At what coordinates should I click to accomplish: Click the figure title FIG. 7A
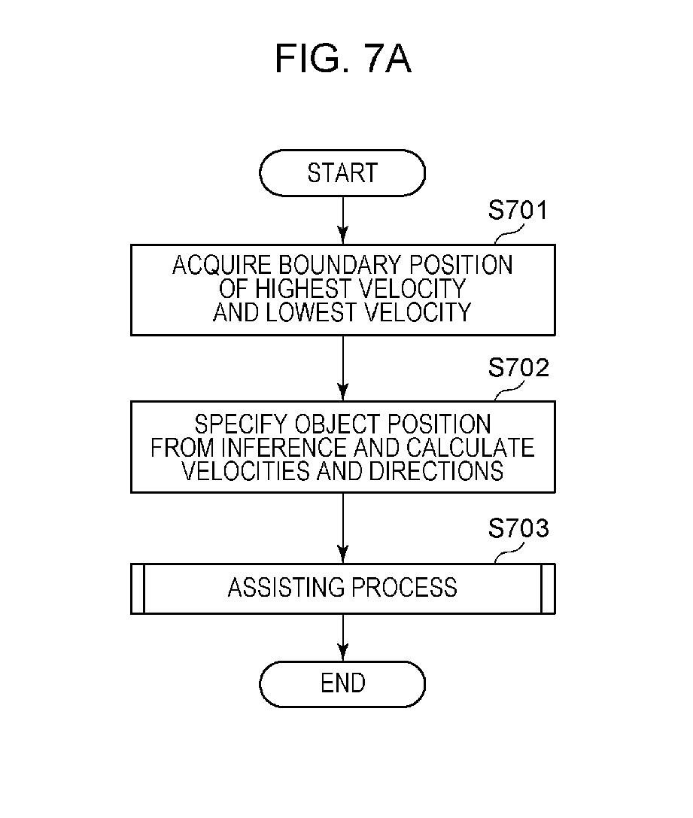tap(342, 59)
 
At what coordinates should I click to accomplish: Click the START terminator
tap(342, 172)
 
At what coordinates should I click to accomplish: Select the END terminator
tap(342, 684)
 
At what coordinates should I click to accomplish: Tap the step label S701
tap(518, 210)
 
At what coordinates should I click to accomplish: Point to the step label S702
tap(518, 368)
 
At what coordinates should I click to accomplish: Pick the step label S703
tap(518, 528)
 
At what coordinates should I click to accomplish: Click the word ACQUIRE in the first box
tap(221, 266)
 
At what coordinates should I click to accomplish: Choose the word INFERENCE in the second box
tap(284, 448)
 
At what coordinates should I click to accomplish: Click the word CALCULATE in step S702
tap(470, 448)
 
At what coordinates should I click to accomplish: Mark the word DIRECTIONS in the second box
tap(436, 471)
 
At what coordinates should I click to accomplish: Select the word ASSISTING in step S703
tap(287, 588)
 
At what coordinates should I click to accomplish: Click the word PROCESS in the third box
tap(405, 588)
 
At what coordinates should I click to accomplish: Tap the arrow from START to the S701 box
tap(342, 220)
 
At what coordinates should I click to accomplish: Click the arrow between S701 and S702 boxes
tap(342, 368)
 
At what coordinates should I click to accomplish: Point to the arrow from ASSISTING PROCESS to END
tap(342, 637)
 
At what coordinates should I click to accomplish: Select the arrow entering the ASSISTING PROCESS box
tap(342, 528)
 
